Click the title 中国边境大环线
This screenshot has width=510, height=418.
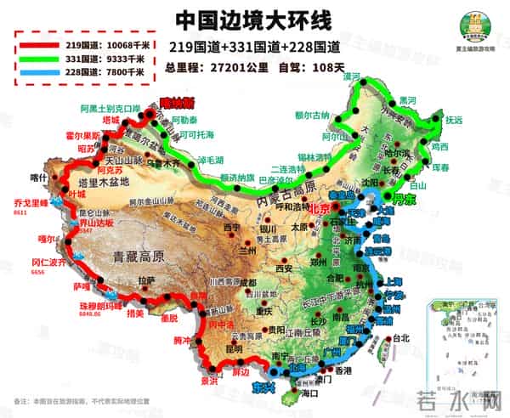point(254,19)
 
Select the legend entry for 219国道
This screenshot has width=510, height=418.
point(82,42)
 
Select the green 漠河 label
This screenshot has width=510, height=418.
point(346,76)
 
